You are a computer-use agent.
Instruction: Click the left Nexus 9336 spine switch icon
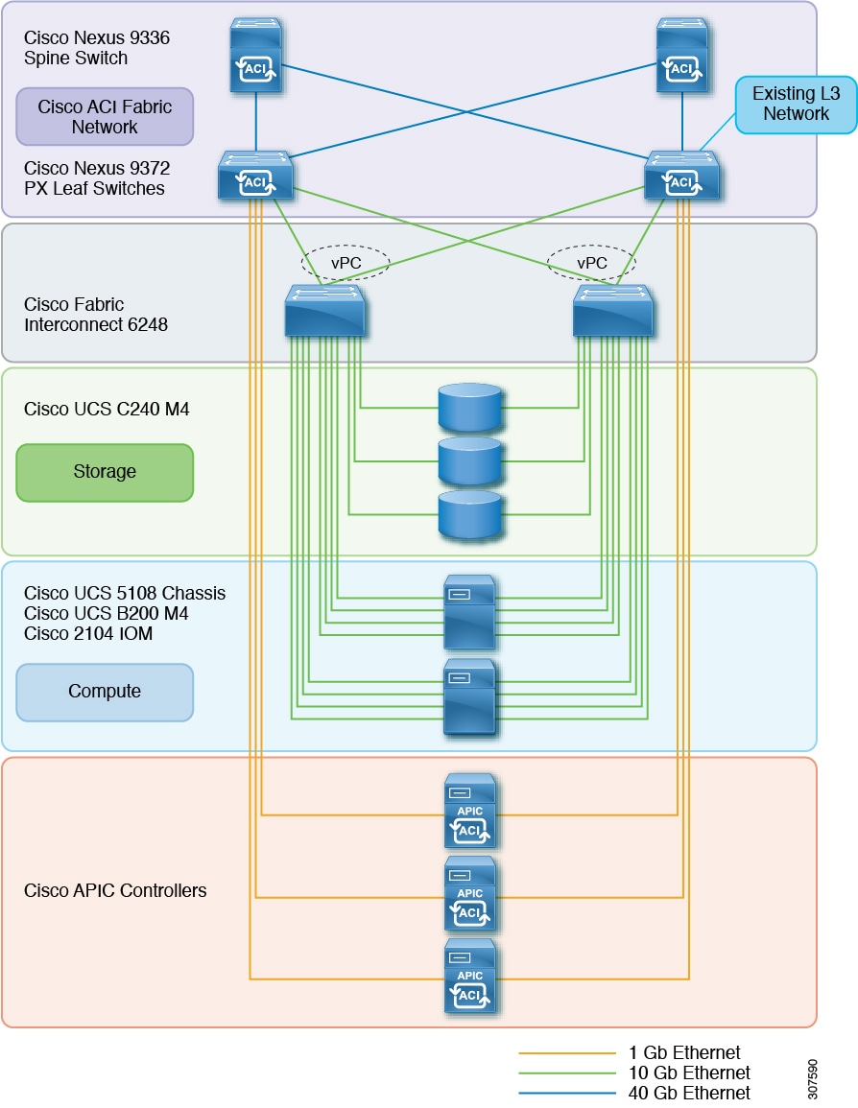[256, 57]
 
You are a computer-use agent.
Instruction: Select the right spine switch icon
[682, 57]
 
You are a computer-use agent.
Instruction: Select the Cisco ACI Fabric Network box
[105, 116]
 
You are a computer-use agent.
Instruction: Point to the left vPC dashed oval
[345, 262]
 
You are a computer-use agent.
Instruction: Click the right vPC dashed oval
[590, 262]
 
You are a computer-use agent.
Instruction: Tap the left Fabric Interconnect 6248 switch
[325, 310]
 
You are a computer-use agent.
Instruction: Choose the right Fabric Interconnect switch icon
[613, 310]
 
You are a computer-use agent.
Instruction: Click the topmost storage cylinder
[469, 407]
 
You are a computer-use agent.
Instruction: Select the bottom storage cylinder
[469, 514]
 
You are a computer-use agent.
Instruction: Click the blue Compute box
[105, 692]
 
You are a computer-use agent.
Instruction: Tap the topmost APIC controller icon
[470, 812]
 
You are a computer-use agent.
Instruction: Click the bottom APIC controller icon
[470, 977]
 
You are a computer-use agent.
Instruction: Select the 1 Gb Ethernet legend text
[684, 1053]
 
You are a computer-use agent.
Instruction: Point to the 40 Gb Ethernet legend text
[689, 1093]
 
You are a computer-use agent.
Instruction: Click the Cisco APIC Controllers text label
[115, 891]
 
